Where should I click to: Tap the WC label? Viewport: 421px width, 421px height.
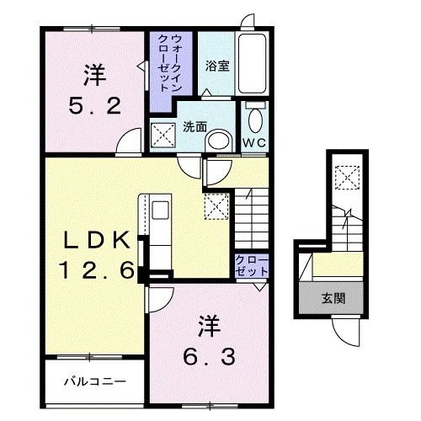(253, 142)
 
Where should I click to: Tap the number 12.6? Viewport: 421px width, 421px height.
(95, 271)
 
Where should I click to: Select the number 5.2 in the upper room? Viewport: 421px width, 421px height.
(94, 105)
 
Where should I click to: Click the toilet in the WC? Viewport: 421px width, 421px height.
(253, 118)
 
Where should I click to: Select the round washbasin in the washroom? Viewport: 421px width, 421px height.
(219, 140)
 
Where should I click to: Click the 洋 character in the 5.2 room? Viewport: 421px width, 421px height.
(94, 74)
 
